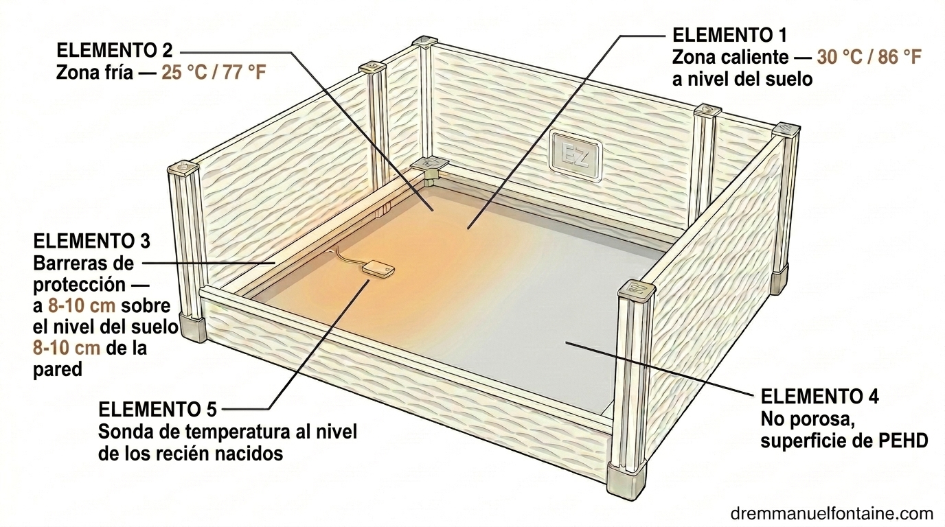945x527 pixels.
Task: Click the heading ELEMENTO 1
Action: pos(729,36)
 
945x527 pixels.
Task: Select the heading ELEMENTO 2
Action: pos(114,51)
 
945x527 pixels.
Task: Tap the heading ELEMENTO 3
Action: pos(91,241)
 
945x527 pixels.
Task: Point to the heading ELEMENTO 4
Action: pos(820,397)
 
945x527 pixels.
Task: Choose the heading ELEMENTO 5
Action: pos(157,410)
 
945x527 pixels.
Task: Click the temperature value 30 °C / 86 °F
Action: pos(869,58)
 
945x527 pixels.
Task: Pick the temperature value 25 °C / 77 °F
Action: pos(214,73)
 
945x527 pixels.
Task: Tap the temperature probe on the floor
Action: pos(378,269)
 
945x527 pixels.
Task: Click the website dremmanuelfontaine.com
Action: pos(832,513)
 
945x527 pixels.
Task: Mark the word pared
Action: pos(58,371)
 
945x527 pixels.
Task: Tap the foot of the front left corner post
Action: pos(192,327)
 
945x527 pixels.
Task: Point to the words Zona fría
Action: pos(95,73)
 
